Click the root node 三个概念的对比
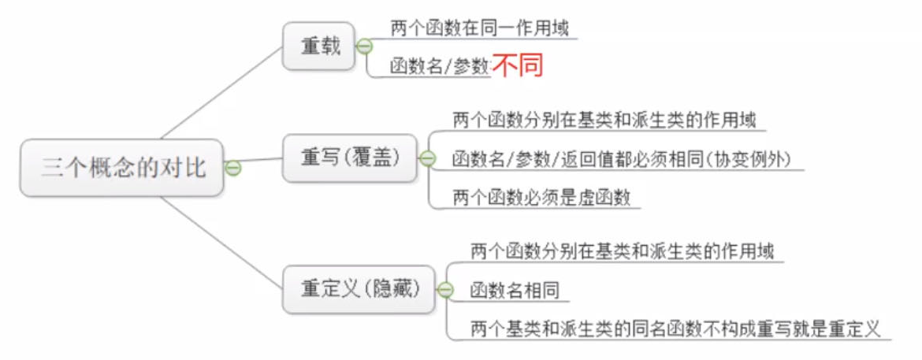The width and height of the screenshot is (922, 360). [x=123, y=168]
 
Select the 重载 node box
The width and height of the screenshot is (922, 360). [x=319, y=46]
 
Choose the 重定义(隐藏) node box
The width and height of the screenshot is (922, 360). [x=358, y=288]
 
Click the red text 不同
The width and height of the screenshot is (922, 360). [x=519, y=66]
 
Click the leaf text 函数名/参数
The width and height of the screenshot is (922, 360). [x=440, y=67]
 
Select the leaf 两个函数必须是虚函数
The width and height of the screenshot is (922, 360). [x=541, y=198]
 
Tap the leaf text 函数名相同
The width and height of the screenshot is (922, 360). [x=514, y=291]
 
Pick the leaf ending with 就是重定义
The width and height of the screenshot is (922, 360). [x=674, y=328]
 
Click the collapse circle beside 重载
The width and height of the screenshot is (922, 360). [x=364, y=46]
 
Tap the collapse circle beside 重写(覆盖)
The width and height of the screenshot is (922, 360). [x=427, y=158]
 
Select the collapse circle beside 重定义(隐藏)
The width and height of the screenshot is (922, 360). [x=445, y=290]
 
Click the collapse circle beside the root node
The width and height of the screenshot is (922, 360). [x=232, y=168]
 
